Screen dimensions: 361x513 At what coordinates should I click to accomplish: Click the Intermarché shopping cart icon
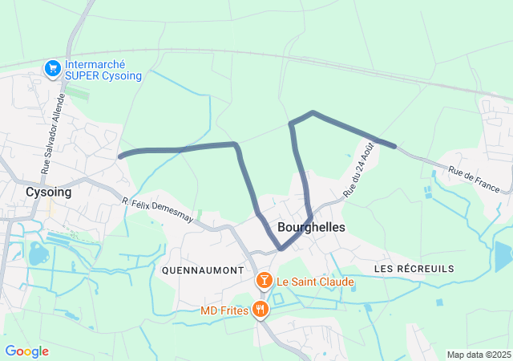coord(53,68)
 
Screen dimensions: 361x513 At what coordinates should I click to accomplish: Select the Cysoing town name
coord(48,193)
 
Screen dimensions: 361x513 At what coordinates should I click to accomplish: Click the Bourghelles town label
coord(311,228)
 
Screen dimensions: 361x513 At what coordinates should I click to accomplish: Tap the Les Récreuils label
coord(414,268)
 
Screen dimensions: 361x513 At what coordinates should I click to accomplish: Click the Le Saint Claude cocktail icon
coord(262,282)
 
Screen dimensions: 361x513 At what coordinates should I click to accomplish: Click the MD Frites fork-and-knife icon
coord(260,310)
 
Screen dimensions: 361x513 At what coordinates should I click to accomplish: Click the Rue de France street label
coord(474,178)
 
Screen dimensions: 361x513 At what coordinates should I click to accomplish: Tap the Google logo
coord(26,351)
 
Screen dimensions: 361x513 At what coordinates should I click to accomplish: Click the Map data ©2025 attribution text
coord(478,355)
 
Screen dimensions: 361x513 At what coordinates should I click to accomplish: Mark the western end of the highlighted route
coord(120,156)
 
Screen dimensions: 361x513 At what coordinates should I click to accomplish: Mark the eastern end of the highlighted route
coord(394,146)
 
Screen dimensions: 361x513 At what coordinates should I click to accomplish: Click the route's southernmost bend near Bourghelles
coord(281,249)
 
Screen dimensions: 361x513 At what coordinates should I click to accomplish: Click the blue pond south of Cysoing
coord(37,255)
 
